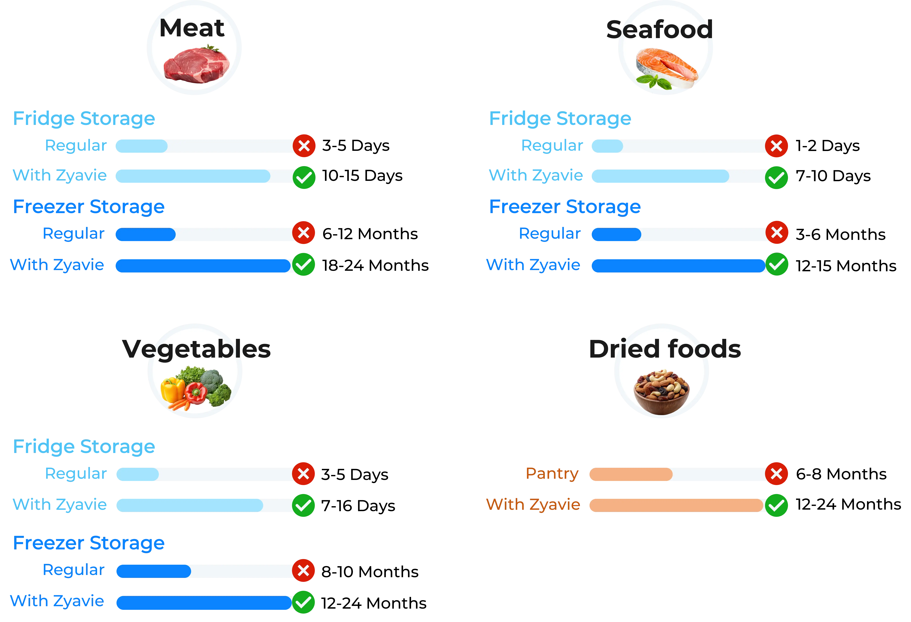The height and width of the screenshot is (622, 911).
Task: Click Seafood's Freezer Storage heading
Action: click(565, 207)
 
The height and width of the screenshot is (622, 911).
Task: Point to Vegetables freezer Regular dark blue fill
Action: click(154, 571)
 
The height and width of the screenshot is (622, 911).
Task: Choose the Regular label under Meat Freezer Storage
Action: click(74, 234)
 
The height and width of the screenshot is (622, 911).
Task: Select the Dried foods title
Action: click(665, 349)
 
